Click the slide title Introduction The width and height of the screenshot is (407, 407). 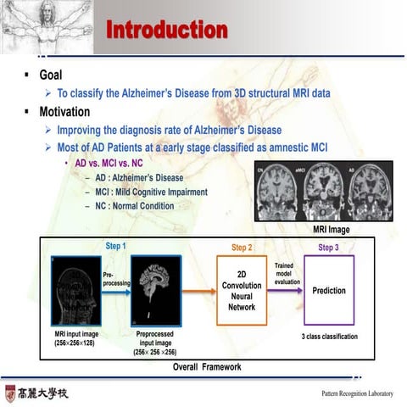point(166,31)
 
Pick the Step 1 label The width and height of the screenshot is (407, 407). point(115,246)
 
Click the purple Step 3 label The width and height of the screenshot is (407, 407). point(328,248)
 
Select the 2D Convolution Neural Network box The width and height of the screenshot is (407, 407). point(242,291)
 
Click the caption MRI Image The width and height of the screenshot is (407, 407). point(331,229)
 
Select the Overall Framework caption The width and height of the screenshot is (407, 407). point(207,367)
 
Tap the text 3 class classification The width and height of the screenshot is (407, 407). point(329,337)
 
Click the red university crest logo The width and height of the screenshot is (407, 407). point(10,393)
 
